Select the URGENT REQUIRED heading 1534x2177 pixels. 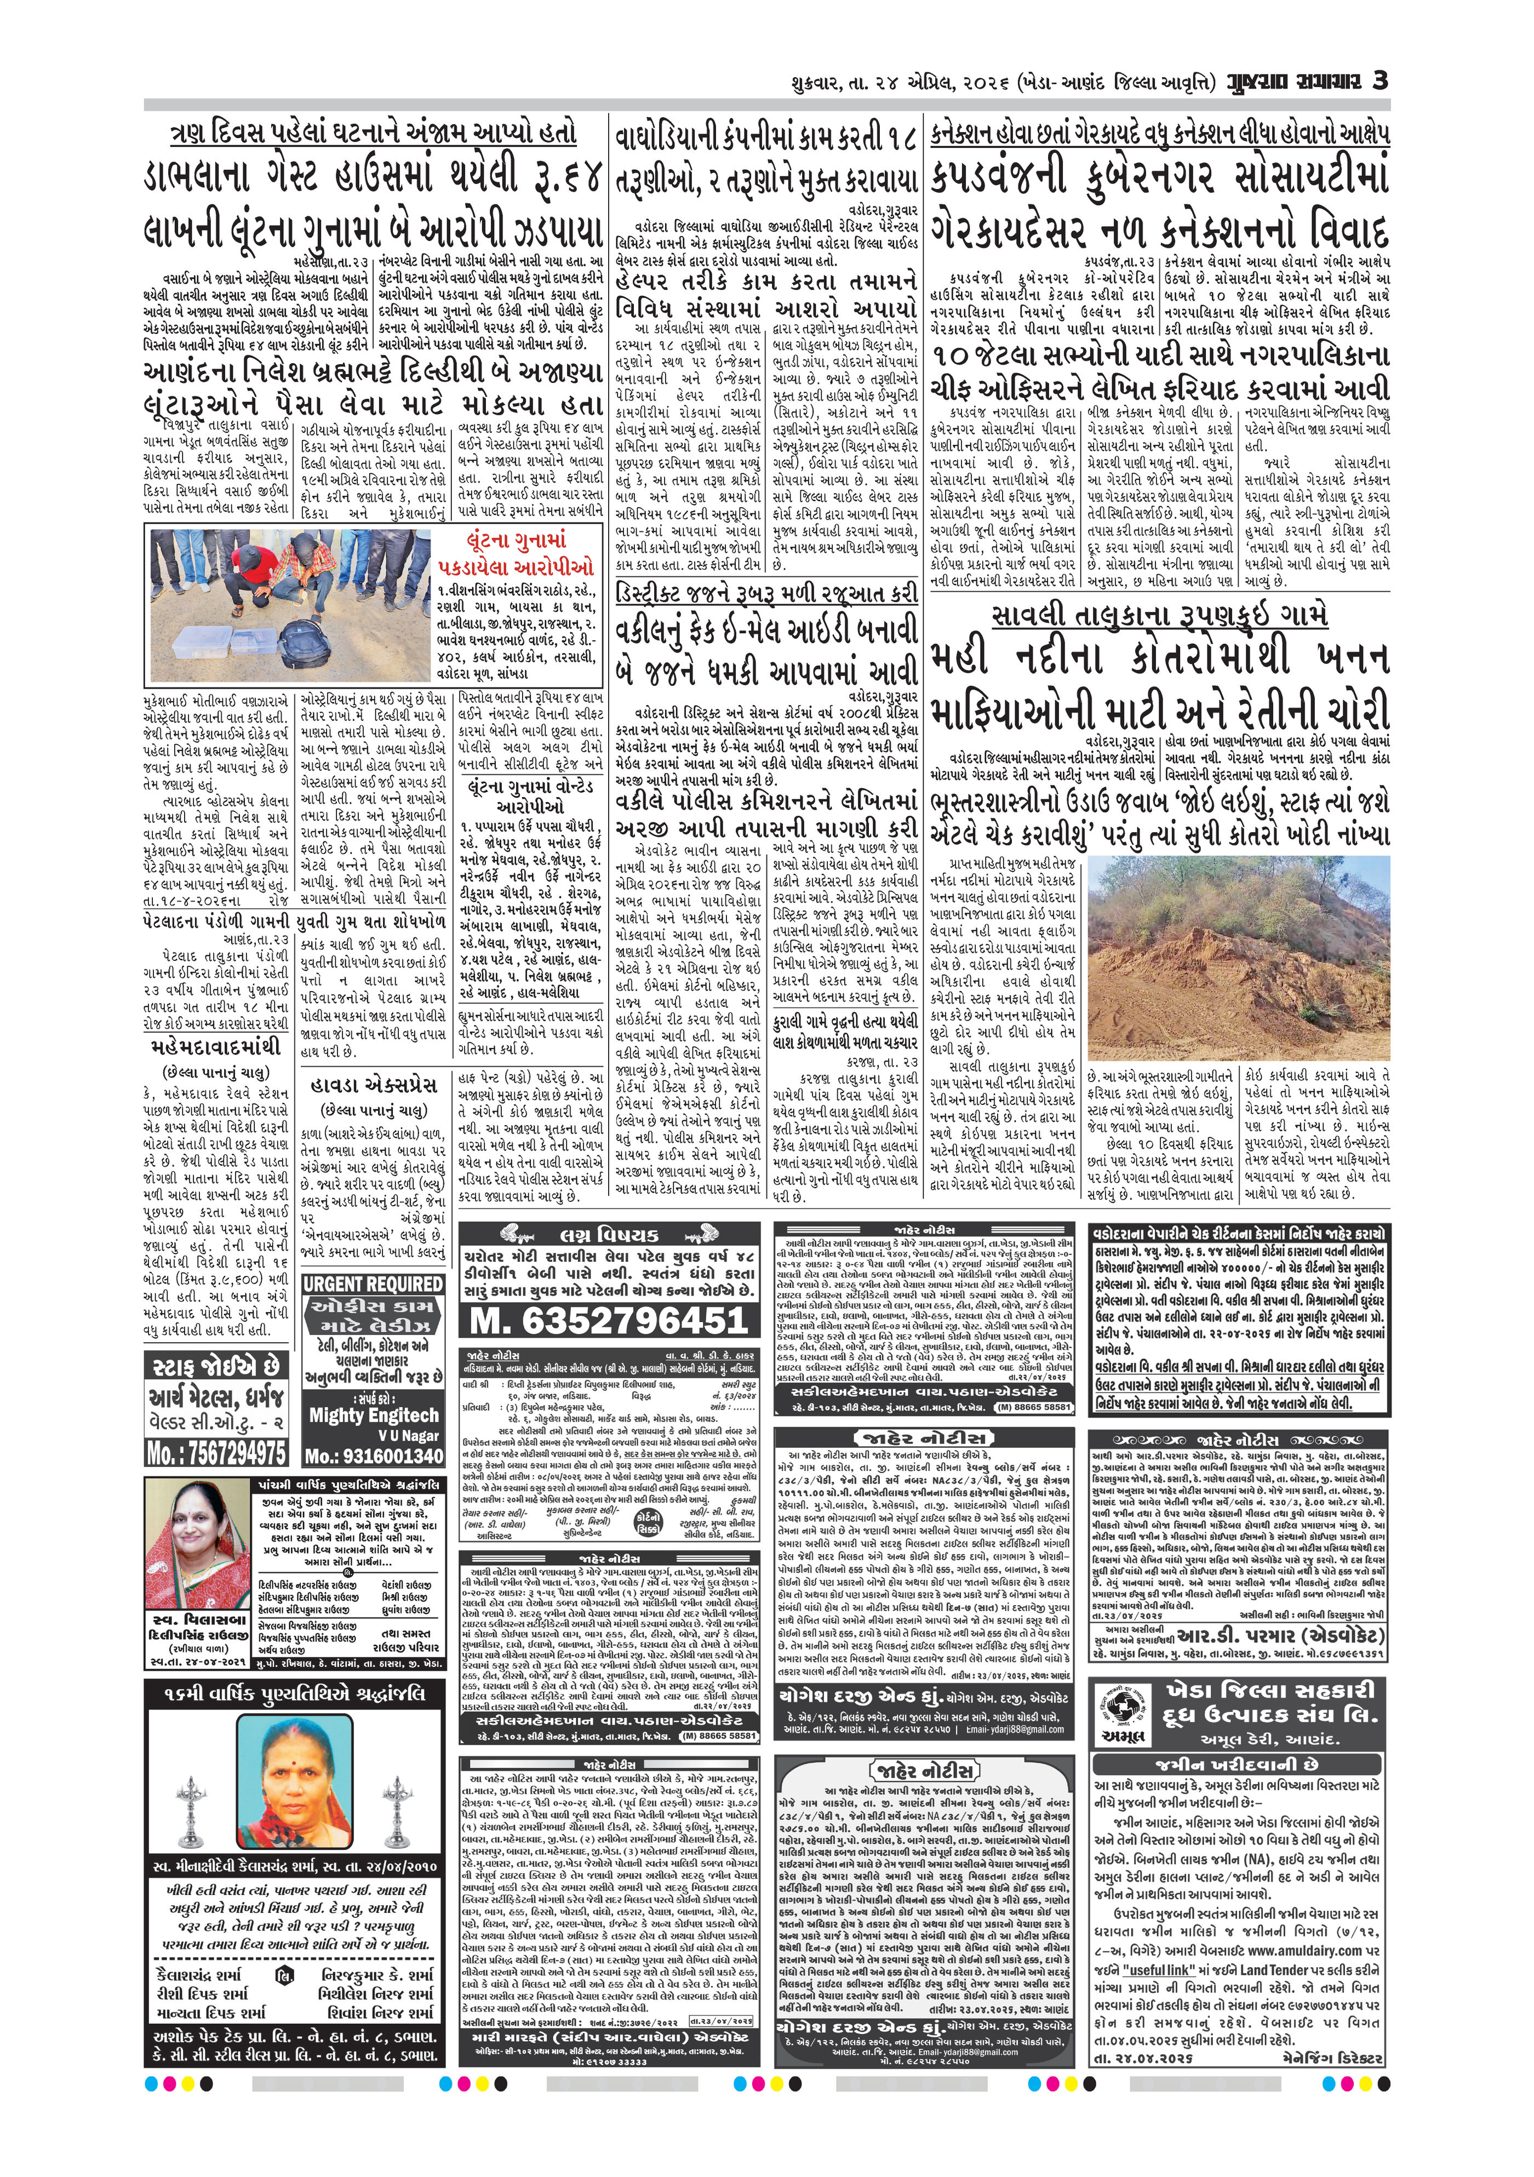[x=374, y=1284]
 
